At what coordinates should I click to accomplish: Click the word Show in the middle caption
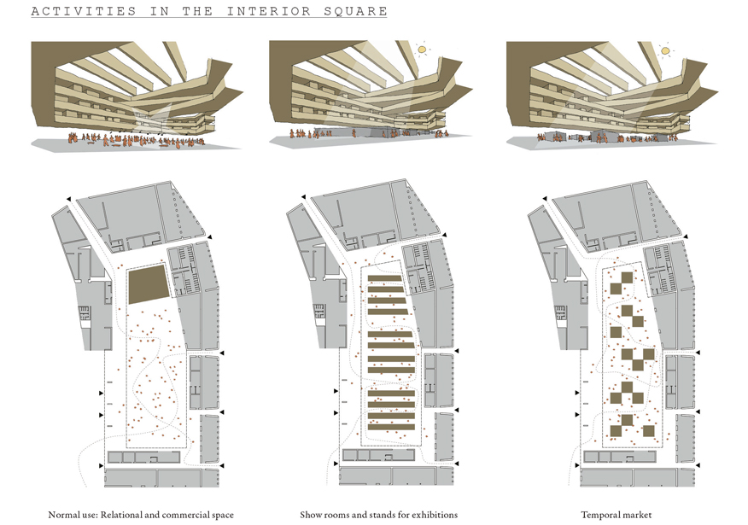tap(311, 515)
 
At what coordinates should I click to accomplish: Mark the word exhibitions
tap(434, 515)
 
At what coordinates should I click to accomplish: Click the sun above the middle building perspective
tap(421, 50)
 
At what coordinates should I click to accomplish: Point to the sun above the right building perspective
tap(665, 50)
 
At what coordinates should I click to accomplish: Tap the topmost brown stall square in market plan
tap(628, 277)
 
